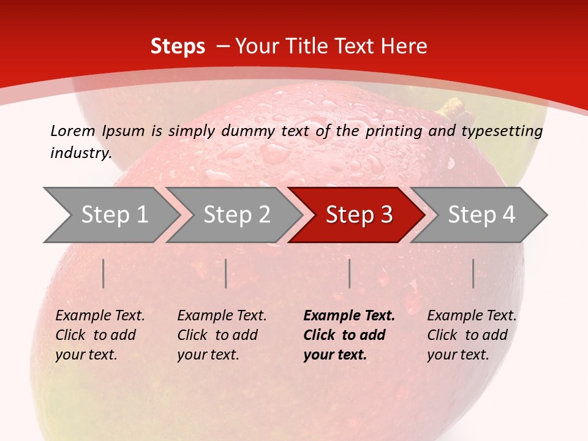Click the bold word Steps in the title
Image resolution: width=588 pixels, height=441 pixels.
[178, 47]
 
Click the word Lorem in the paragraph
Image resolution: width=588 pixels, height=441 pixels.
[72, 130]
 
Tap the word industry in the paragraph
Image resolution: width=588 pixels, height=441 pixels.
[80, 153]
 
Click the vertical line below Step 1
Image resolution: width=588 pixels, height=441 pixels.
[104, 273]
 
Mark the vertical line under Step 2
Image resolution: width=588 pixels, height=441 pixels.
[226, 273]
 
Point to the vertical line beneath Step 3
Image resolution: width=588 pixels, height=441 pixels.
[349, 273]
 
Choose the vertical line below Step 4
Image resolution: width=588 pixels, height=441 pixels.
[473, 273]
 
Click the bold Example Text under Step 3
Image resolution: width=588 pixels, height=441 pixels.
[349, 316]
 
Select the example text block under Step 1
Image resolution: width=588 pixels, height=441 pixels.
[100, 335]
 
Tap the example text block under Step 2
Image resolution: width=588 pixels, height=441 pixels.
[222, 335]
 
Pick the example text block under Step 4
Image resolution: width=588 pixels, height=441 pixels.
[472, 335]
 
